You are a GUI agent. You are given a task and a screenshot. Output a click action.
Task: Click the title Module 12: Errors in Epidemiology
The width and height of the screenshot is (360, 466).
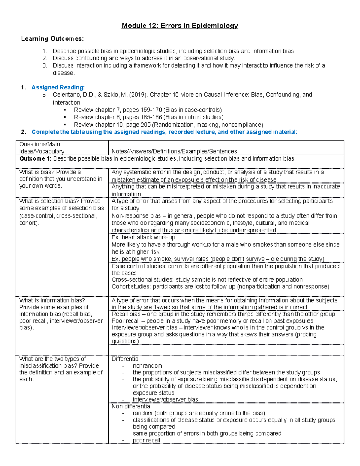pyautogui.click(x=180, y=26)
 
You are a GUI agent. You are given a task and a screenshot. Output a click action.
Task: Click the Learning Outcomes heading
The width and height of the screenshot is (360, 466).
pyautogui.click(x=52, y=39)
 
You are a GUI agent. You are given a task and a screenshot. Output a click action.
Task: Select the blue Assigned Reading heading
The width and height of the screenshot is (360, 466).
pyautogui.click(x=58, y=87)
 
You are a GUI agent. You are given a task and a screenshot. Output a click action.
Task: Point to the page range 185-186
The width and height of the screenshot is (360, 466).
pyautogui.click(x=151, y=117)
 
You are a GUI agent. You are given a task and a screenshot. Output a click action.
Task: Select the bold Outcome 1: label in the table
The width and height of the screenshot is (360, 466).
pyautogui.click(x=35, y=159)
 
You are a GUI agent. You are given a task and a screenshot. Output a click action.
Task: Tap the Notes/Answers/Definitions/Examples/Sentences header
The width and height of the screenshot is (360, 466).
pyautogui.click(x=174, y=152)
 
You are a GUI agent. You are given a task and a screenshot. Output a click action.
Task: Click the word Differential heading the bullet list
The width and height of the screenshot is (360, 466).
pyautogui.click(x=125, y=359)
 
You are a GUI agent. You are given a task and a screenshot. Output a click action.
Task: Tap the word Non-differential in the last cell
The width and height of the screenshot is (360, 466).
pyautogui.click(x=131, y=407)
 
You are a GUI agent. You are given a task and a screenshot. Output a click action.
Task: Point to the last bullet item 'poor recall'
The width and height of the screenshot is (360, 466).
pyautogui.click(x=146, y=440)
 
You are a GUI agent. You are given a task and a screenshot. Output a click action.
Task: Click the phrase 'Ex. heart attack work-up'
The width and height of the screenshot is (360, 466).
pyautogui.click(x=143, y=237)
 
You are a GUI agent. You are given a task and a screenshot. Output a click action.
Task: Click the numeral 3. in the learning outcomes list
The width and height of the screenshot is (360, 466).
pyautogui.click(x=45, y=65)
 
